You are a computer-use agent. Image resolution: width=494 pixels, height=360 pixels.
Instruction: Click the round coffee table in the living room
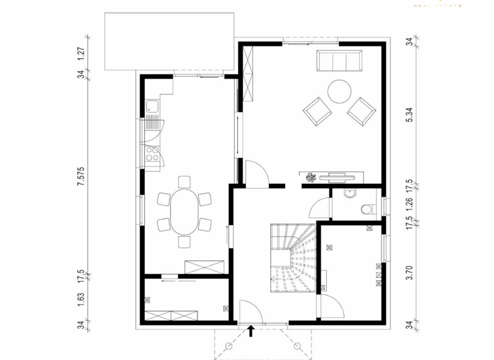pos(338,91)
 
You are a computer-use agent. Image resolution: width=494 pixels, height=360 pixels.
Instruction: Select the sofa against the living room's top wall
pos(339,62)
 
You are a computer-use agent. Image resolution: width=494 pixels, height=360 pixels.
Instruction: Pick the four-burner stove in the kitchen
pos(153,153)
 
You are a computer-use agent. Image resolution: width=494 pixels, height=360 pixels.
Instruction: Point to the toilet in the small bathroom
pos(367,208)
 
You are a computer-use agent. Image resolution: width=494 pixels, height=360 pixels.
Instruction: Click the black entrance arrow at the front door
pos(252,331)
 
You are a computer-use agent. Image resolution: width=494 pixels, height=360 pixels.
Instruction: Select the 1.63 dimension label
pos(81,299)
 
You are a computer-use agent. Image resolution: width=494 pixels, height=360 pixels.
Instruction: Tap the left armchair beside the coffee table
pos(318,111)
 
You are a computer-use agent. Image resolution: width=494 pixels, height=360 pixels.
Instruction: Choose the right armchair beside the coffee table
pos(361,111)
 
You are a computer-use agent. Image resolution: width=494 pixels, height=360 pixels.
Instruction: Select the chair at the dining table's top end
pos(185,182)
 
